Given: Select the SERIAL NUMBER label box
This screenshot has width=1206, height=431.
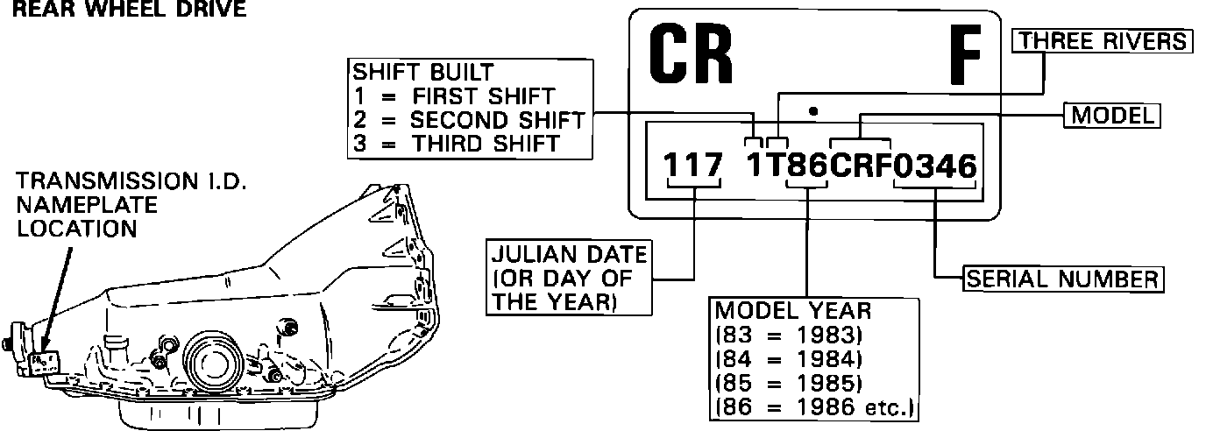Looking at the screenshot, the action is pyautogui.click(x=1063, y=279).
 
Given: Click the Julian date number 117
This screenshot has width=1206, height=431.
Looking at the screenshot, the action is pyautogui.click(x=693, y=166).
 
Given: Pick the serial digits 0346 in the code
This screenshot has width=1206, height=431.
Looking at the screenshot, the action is pyautogui.click(x=934, y=166).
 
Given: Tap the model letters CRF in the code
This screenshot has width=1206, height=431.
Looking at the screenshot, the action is pyautogui.click(x=860, y=166).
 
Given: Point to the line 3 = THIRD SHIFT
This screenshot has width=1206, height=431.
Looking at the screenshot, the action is pyautogui.click(x=457, y=143).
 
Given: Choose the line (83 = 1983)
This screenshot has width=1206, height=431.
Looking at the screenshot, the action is pyautogui.click(x=790, y=336).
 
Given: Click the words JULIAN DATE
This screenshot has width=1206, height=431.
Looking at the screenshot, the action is pyautogui.click(x=569, y=255).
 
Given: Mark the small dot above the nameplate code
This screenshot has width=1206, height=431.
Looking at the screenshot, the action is pyautogui.click(x=814, y=111).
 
